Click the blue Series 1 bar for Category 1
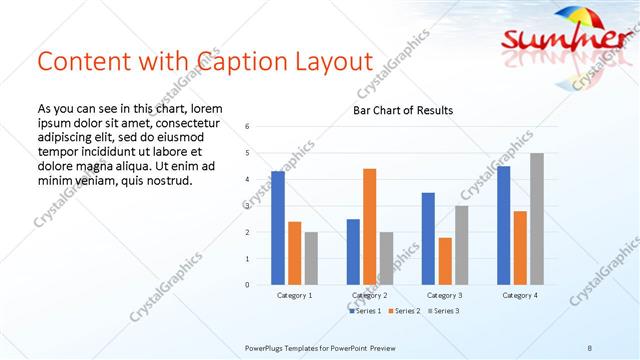coord(278,228)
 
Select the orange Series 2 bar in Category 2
coord(369,226)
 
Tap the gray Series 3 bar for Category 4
coord(537,219)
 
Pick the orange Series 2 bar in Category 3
coord(444,261)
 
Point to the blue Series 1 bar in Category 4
coord(503,225)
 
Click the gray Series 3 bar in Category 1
coord(311,258)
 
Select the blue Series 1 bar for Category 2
coord(353,252)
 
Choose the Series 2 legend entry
coord(403,311)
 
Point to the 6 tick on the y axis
coord(247,127)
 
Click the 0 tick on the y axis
coord(247,285)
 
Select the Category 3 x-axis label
coord(444,296)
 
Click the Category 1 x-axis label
coord(294,296)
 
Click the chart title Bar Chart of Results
coord(403,110)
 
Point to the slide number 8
coord(590,346)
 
